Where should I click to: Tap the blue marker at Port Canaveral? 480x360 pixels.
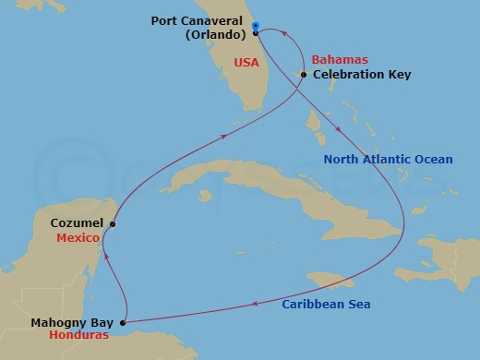[256, 26]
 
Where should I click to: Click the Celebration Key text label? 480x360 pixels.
[362, 74]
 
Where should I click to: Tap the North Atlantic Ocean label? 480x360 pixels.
[388, 160]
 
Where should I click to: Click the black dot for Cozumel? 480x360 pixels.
[113, 223]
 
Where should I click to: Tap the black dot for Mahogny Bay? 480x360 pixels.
[123, 323]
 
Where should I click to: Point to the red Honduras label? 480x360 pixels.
[82, 335]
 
